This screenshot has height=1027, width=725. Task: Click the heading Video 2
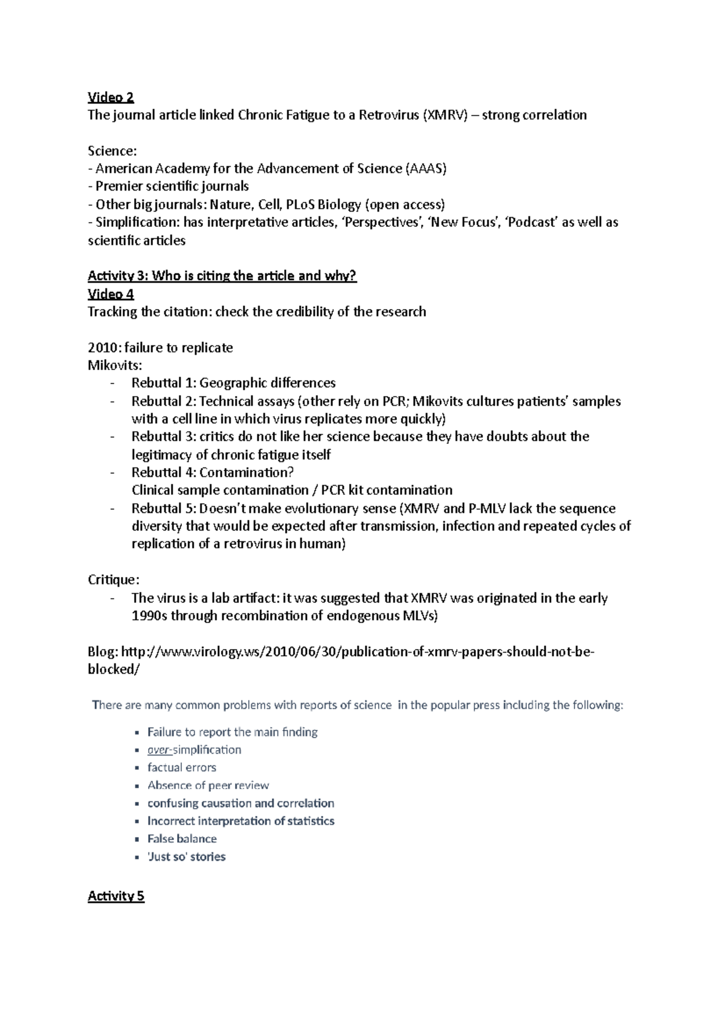(111, 97)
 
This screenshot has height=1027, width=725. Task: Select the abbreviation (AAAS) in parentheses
(426, 169)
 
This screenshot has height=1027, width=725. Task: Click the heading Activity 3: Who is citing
(222, 276)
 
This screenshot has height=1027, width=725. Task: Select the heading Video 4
(111, 294)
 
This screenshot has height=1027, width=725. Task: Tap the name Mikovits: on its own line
(115, 365)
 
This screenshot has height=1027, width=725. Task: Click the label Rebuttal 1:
(164, 383)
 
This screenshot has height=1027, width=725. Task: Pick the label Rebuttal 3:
(164, 437)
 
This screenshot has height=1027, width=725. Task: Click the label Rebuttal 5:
(164, 508)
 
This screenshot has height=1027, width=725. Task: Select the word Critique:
(114, 580)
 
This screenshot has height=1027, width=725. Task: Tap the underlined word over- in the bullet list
(159, 750)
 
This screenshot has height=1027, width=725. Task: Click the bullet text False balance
(182, 839)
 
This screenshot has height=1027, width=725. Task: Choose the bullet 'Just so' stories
(187, 856)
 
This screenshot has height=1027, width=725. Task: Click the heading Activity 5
(116, 896)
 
